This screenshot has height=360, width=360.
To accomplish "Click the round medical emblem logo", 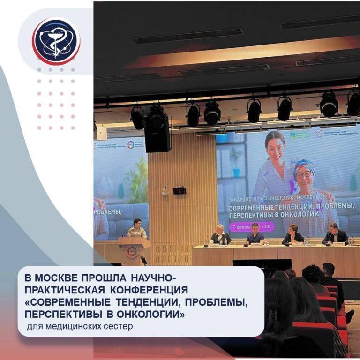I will point(56,40).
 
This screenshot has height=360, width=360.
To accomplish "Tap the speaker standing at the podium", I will point(136,229).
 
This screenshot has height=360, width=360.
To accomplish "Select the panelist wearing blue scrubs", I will point(255,233).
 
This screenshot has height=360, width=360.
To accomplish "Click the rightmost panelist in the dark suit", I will point(334,233).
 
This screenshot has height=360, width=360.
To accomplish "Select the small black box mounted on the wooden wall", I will point(179,191).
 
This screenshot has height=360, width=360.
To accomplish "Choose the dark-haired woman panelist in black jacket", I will point(293,234).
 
